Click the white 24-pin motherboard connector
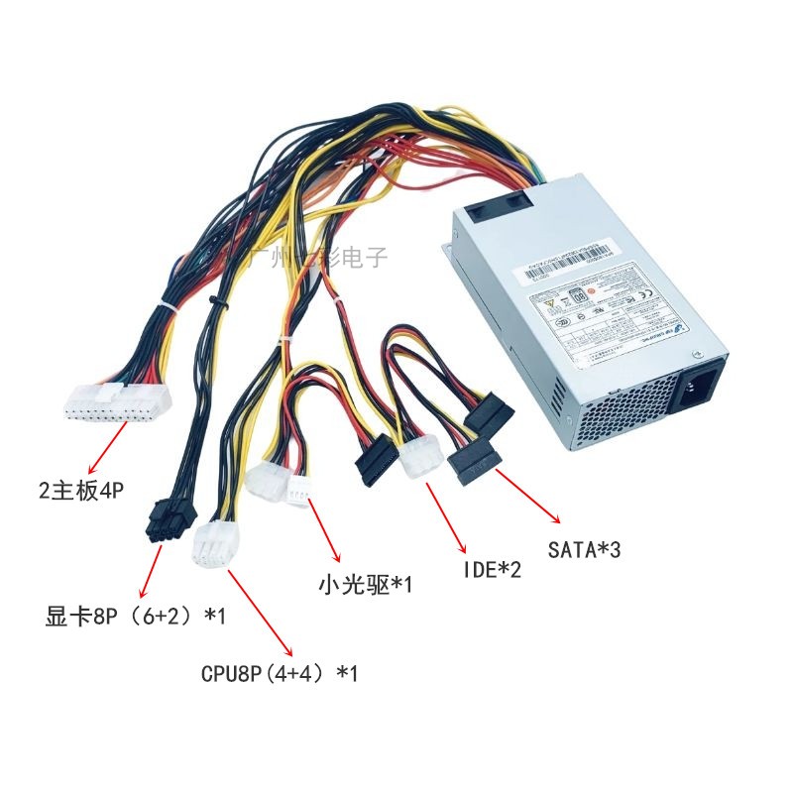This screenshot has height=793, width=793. [x=117, y=401]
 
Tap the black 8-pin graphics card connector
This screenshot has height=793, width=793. [x=168, y=520]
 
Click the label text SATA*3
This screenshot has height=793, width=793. [x=585, y=547]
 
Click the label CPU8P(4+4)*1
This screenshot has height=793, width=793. [x=279, y=674]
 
